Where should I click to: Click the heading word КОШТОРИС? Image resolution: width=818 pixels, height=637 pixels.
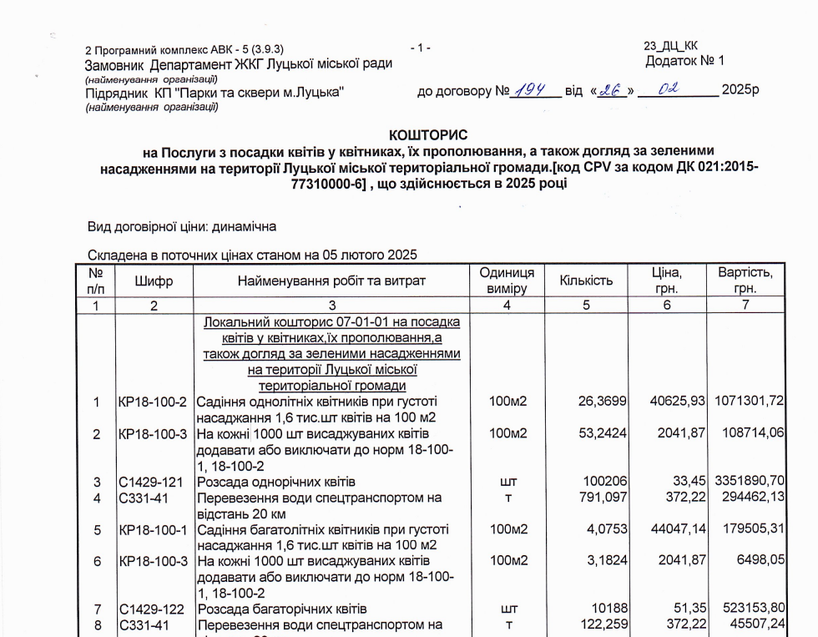(428, 134)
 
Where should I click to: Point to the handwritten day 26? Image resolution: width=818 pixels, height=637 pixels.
(613, 90)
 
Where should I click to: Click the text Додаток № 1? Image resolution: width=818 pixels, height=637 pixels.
(684, 61)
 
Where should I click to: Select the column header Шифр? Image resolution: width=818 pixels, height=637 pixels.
(154, 281)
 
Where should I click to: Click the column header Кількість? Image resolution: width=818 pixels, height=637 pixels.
(586, 281)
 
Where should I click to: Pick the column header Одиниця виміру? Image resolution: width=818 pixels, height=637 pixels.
(507, 281)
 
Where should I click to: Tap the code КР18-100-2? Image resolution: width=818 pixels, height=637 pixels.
(154, 402)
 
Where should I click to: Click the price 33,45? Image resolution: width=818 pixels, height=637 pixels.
(688, 482)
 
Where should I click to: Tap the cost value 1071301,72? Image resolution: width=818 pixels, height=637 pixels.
(750, 402)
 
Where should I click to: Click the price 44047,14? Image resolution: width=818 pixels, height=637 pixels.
(676, 529)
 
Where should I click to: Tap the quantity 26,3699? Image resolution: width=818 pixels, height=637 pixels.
(603, 402)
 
